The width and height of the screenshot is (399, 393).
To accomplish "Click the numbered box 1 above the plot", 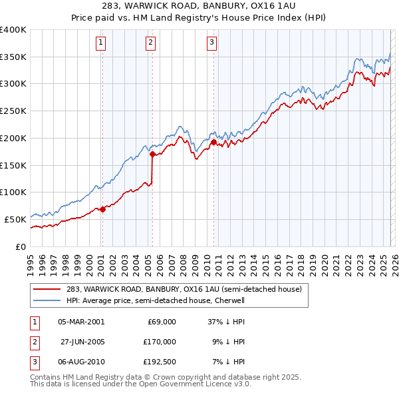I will pos(101,43).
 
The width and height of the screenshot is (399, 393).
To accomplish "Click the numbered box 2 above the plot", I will pos(151,43).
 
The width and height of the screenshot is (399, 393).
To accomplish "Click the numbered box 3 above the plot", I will pos(212,43).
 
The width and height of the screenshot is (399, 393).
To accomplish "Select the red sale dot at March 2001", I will pos(102,209).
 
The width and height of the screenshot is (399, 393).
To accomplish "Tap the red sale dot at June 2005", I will pos(152,155).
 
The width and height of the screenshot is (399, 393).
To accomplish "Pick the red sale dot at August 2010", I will pos(213,142).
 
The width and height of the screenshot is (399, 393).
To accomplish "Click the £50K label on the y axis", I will pos(15,218).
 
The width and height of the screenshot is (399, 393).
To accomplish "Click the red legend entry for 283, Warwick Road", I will pos(184,289).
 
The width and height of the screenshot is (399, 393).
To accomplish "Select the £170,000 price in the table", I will pos(160,342).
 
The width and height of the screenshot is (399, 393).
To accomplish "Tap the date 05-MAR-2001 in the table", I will pos(81,322).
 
